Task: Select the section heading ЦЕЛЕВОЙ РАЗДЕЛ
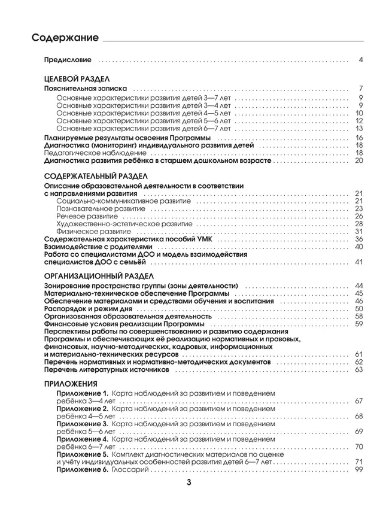(77, 78)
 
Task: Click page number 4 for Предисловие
(361, 60)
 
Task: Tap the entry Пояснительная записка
(85, 89)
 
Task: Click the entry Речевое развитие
(83, 216)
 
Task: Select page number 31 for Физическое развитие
(359, 231)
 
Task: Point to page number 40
(359, 247)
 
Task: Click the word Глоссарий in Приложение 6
(129, 470)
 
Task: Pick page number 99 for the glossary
(359, 470)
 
